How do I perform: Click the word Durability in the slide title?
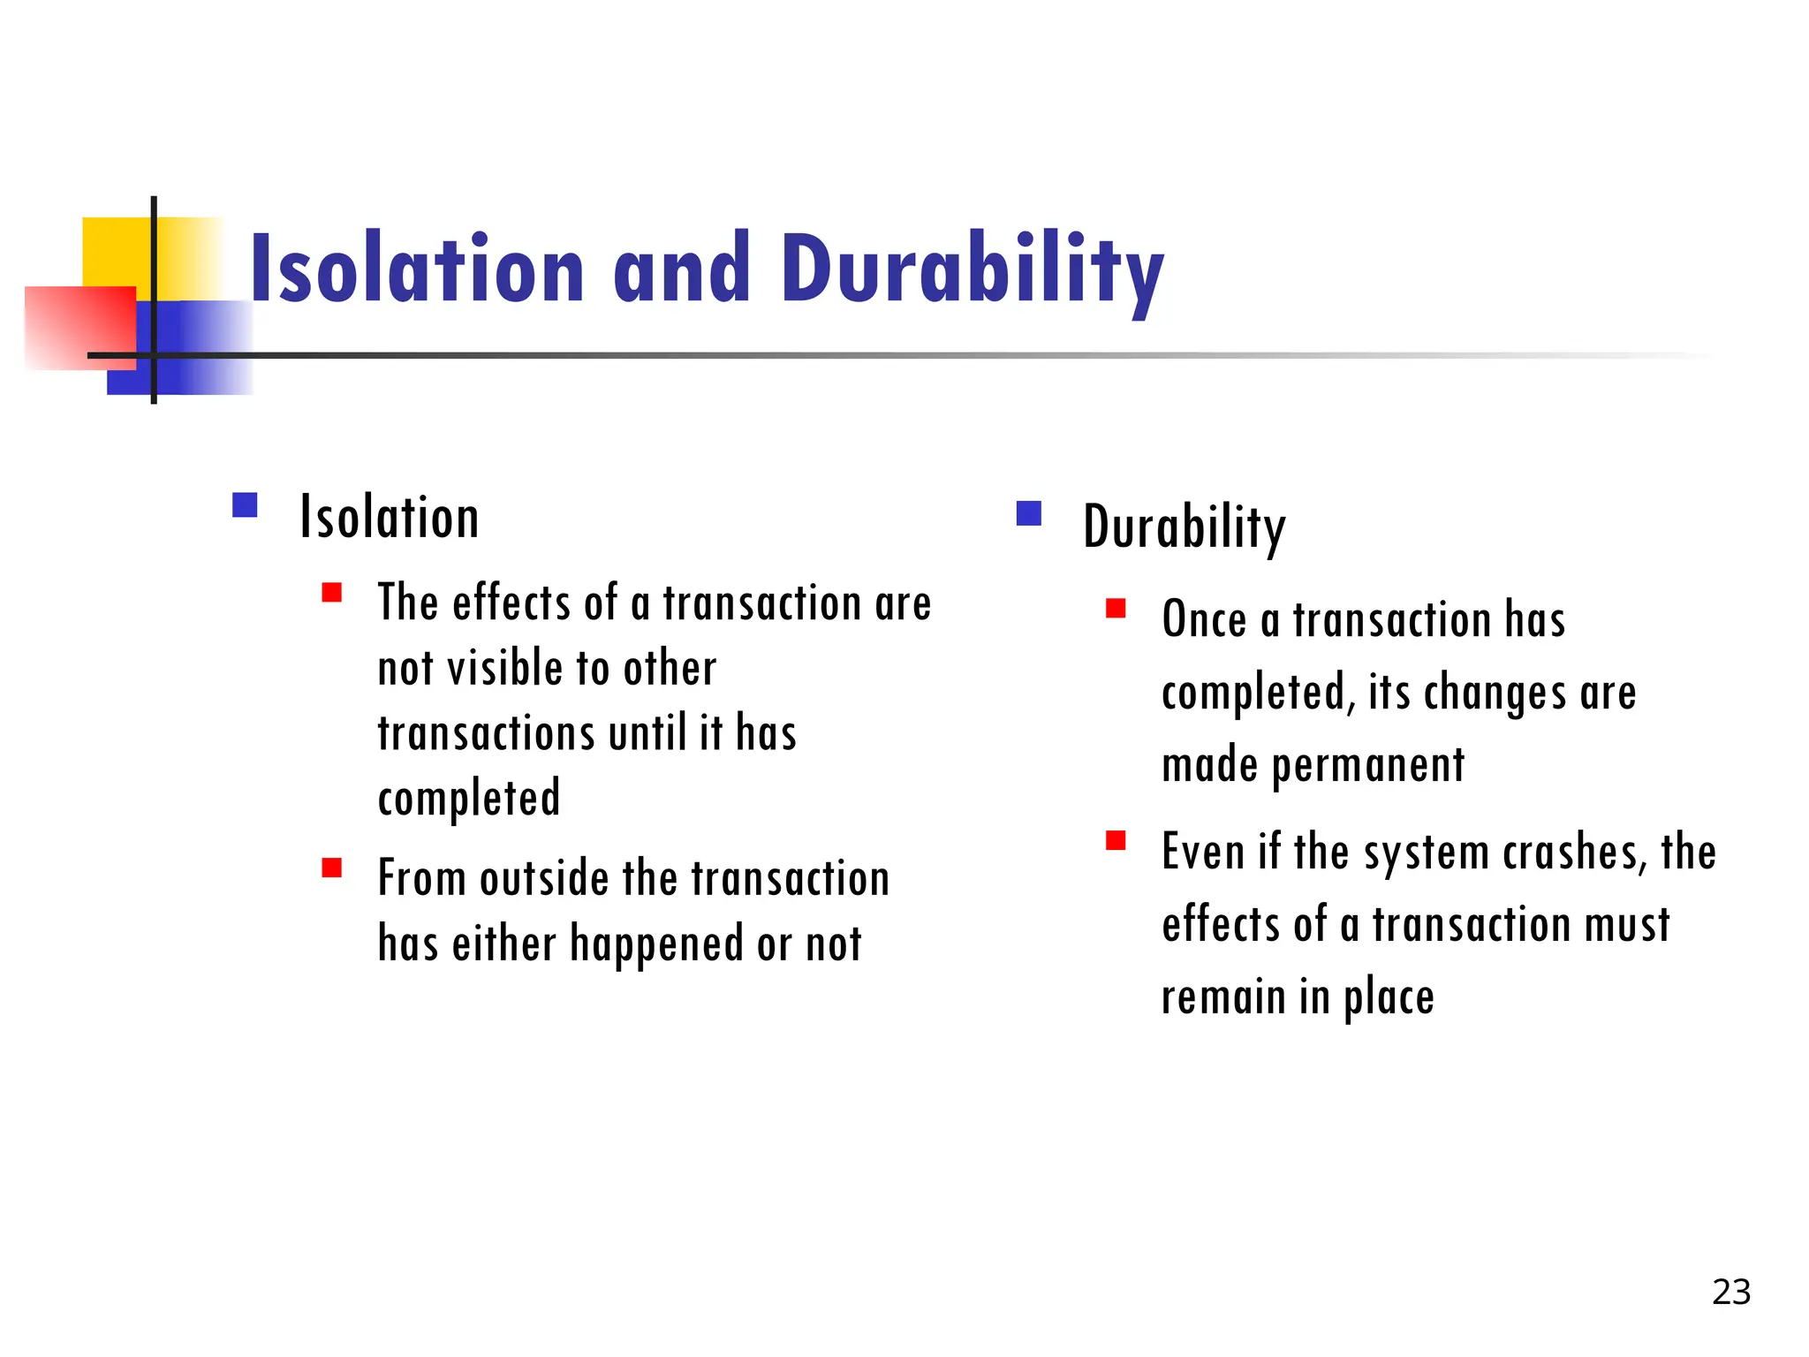point(972,269)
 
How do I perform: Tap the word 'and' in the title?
point(681,269)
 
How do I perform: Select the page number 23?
point(1730,1293)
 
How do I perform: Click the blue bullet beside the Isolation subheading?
point(245,505)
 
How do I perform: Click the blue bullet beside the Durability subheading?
point(1029,513)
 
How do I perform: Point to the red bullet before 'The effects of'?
point(332,593)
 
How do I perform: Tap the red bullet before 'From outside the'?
point(332,868)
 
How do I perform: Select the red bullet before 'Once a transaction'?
point(1116,609)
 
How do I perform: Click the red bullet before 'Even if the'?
point(1116,840)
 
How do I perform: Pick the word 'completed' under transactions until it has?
point(469,799)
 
